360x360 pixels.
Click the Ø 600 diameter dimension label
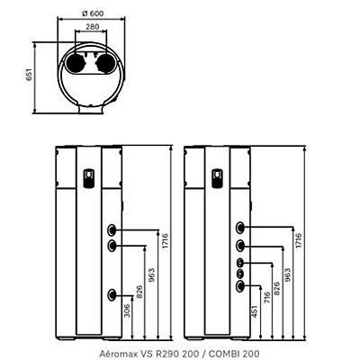(x=93, y=13)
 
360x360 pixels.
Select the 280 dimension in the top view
(x=93, y=27)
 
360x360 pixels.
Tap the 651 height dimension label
(x=30, y=75)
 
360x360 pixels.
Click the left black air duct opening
(x=75, y=63)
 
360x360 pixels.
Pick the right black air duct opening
(x=105, y=63)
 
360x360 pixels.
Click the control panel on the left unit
(x=89, y=179)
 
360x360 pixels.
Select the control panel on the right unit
(x=218, y=179)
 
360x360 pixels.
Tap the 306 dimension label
(x=128, y=310)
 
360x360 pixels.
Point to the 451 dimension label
(x=255, y=312)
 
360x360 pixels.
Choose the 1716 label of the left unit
(x=166, y=240)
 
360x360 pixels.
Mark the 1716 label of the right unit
(x=299, y=240)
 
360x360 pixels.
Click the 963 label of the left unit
(x=153, y=275)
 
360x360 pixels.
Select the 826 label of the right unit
(x=277, y=288)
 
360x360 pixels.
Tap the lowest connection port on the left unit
(x=112, y=294)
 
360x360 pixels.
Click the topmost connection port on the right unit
(x=240, y=228)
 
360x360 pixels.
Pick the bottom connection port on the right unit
(x=240, y=286)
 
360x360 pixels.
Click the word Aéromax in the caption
(x=115, y=354)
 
